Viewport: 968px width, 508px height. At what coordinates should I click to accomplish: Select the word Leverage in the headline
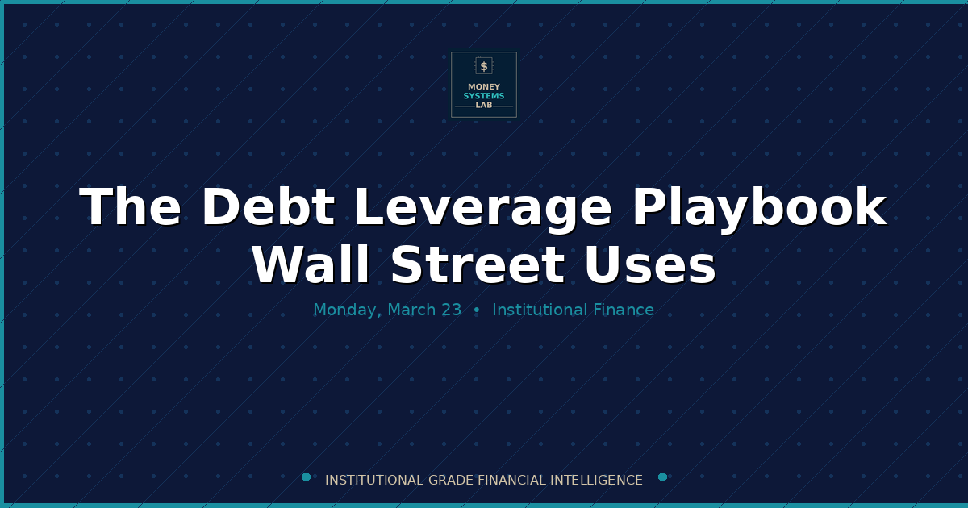point(482,207)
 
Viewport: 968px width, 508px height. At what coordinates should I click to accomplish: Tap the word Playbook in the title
point(759,207)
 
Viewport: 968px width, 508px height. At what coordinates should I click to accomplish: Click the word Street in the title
point(476,265)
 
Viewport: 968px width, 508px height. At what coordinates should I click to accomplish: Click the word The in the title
point(131,207)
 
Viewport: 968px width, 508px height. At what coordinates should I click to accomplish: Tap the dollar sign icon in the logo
point(484,66)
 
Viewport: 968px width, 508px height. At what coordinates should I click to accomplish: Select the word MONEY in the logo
point(484,87)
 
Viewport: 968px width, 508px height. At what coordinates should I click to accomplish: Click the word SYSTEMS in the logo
point(484,96)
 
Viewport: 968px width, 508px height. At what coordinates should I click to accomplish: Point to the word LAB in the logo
point(484,105)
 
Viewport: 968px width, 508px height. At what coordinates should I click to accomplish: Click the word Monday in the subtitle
point(347,310)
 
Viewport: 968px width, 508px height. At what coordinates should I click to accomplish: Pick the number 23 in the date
point(451,310)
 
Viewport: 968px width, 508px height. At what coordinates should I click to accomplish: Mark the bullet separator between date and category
point(477,310)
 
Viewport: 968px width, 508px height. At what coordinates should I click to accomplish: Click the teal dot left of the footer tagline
point(306,477)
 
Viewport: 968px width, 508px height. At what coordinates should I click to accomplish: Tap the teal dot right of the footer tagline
point(662,477)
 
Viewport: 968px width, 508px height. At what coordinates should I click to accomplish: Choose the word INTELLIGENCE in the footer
point(596,481)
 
